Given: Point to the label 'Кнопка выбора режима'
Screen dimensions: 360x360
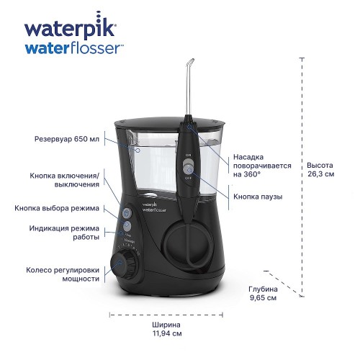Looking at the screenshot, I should point(57,208).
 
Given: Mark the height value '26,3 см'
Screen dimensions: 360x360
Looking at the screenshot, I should point(320,174).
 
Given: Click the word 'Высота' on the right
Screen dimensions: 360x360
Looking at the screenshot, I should point(320,163).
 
